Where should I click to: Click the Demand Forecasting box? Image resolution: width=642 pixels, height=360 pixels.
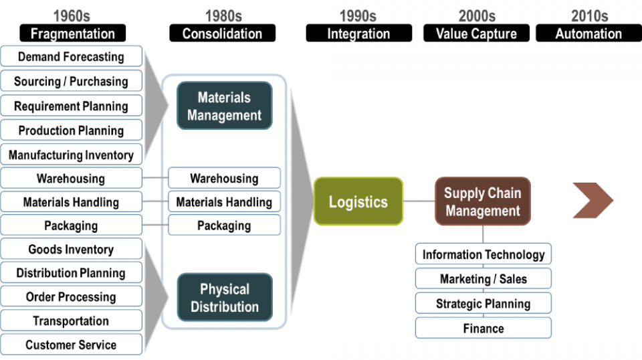tap(71, 57)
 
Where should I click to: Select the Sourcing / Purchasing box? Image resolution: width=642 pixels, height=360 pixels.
tap(71, 82)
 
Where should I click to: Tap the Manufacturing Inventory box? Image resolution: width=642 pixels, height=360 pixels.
tap(71, 155)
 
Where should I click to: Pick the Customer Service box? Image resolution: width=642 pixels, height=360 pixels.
tap(71, 345)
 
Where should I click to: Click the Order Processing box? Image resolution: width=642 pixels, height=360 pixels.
tap(71, 297)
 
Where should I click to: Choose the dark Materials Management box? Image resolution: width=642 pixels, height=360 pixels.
tap(225, 106)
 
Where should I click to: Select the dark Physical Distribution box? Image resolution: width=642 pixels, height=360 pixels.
tap(225, 298)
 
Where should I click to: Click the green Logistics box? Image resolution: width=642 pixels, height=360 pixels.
tap(358, 201)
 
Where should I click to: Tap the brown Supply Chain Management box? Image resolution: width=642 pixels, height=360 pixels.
tap(483, 201)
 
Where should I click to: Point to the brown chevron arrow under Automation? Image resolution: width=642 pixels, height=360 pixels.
tap(593, 200)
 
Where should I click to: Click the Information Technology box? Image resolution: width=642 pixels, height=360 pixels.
tap(484, 254)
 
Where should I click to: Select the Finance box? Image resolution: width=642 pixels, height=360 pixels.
tap(484, 329)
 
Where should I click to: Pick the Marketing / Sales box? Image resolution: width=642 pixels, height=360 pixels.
tap(484, 279)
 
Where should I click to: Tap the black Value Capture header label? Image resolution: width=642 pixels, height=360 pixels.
tap(476, 33)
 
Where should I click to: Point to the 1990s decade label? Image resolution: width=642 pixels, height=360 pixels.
tap(358, 15)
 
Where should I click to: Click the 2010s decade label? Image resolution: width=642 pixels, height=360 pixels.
tap(589, 15)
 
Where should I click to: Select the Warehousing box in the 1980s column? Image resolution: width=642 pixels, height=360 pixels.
tap(224, 179)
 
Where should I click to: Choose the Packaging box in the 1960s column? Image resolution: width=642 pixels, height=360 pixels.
tap(71, 226)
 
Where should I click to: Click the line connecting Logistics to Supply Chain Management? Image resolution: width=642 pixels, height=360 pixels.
tap(419, 201)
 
